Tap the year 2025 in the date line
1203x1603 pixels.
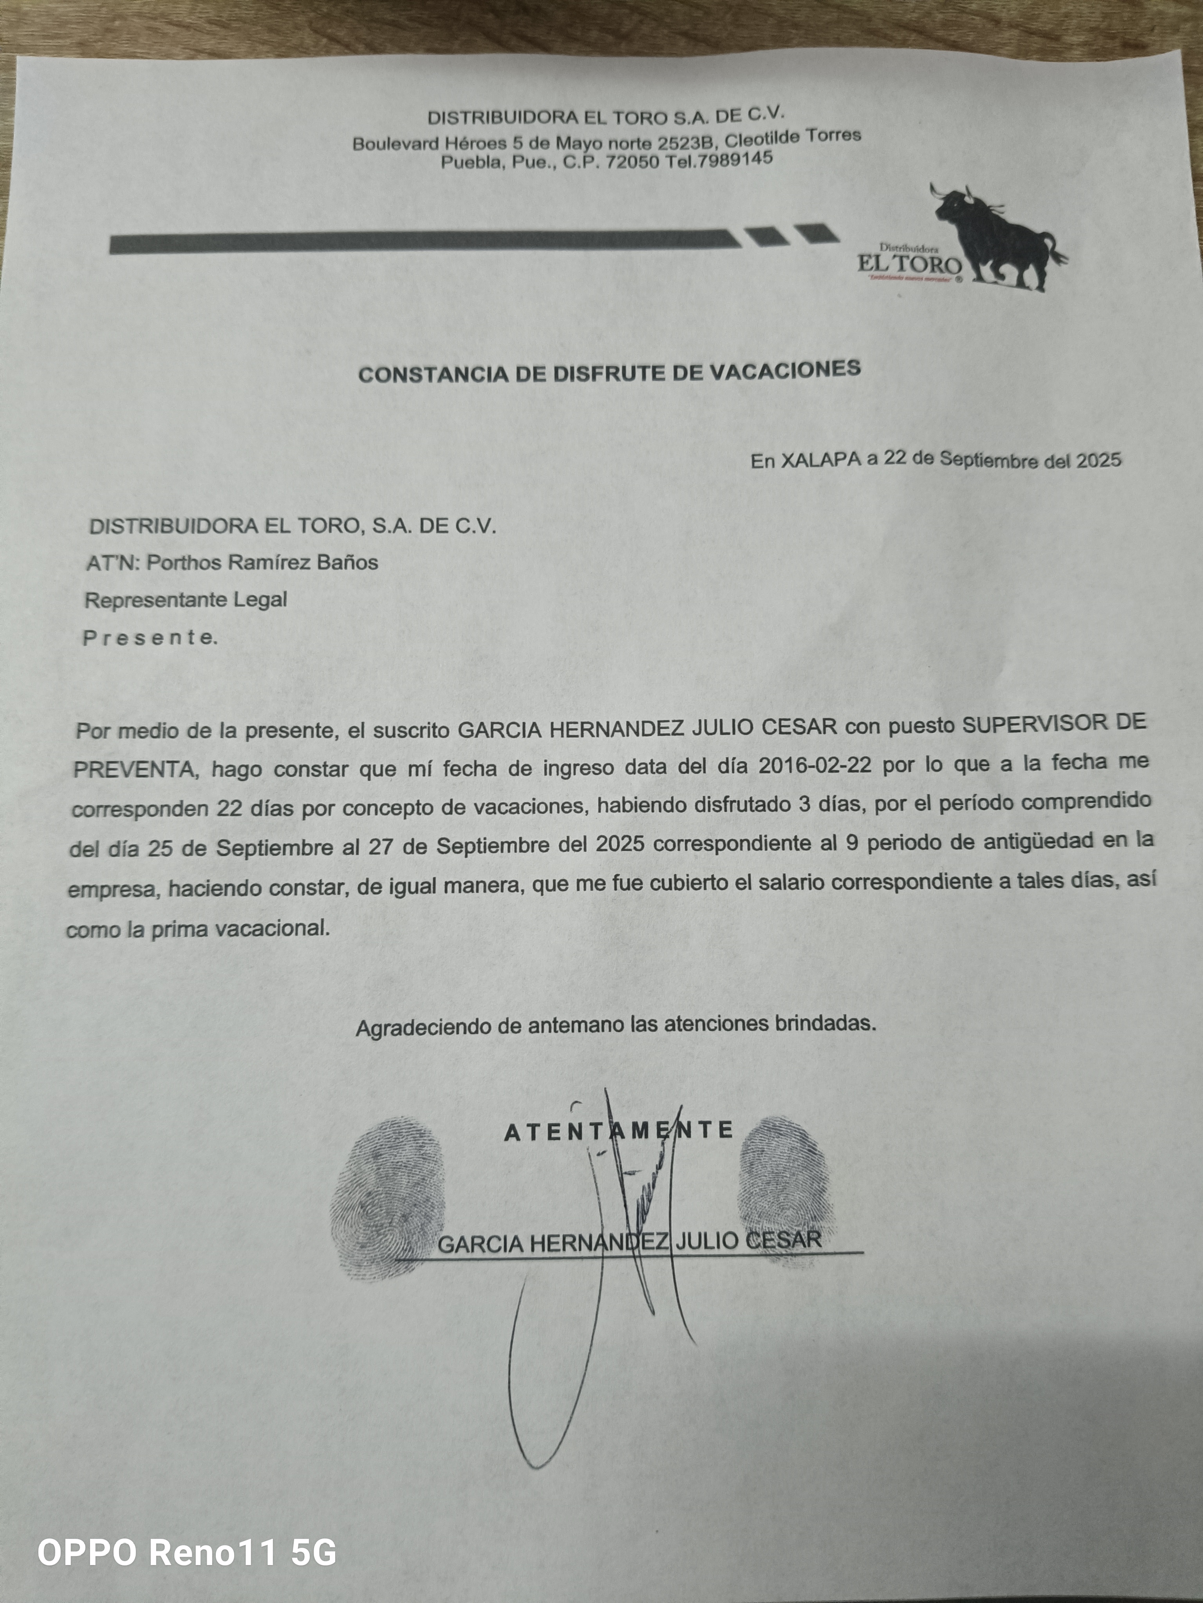tap(1098, 460)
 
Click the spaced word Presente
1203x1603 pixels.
tap(150, 638)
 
